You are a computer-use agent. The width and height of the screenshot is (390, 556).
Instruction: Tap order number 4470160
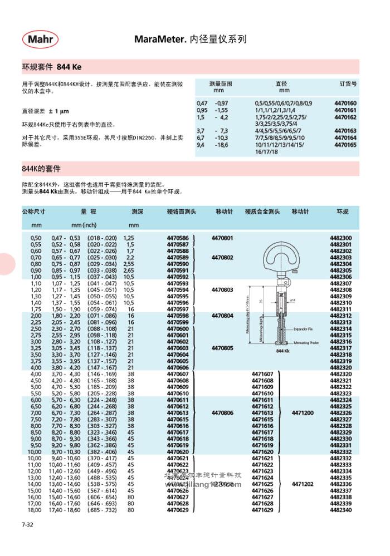pyautogui.click(x=345, y=104)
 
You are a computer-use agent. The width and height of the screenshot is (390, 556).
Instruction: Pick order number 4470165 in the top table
pyautogui.click(x=345, y=144)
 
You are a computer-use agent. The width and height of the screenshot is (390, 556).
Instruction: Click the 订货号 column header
pyautogui.click(x=348, y=83)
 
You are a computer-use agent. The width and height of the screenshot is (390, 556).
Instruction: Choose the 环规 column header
pyautogui.click(x=342, y=212)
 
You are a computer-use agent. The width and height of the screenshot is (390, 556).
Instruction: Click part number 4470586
pyautogui.click(x=178, y=238)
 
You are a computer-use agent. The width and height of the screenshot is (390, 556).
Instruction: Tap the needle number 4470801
pyautogui.click(x=222, y=238)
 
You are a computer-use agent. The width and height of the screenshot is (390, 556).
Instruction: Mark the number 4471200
pyautogui.click(x=303, y=413)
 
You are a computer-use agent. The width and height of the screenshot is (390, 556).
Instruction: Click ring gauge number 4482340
pyautogui.click(x=341, y=510)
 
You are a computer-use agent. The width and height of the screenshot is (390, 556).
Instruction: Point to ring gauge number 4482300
pyautogui.click(x=341, y=238)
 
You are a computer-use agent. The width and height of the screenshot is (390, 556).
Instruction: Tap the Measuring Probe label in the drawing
pyautogui.click(x=304, y=343)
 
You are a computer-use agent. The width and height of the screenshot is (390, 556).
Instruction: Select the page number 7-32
pyautogui.click(x=28, y=525)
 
